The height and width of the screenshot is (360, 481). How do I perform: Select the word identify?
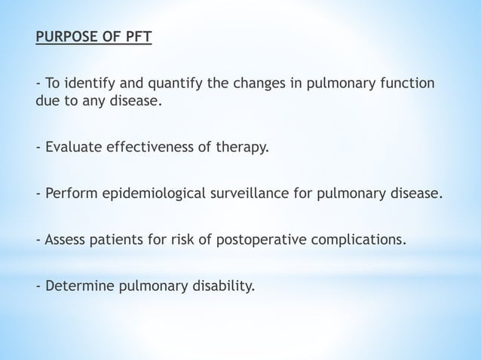(87, 83)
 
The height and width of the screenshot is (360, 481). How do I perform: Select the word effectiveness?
(154, 146)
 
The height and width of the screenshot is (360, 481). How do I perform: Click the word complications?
(359, 242)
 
